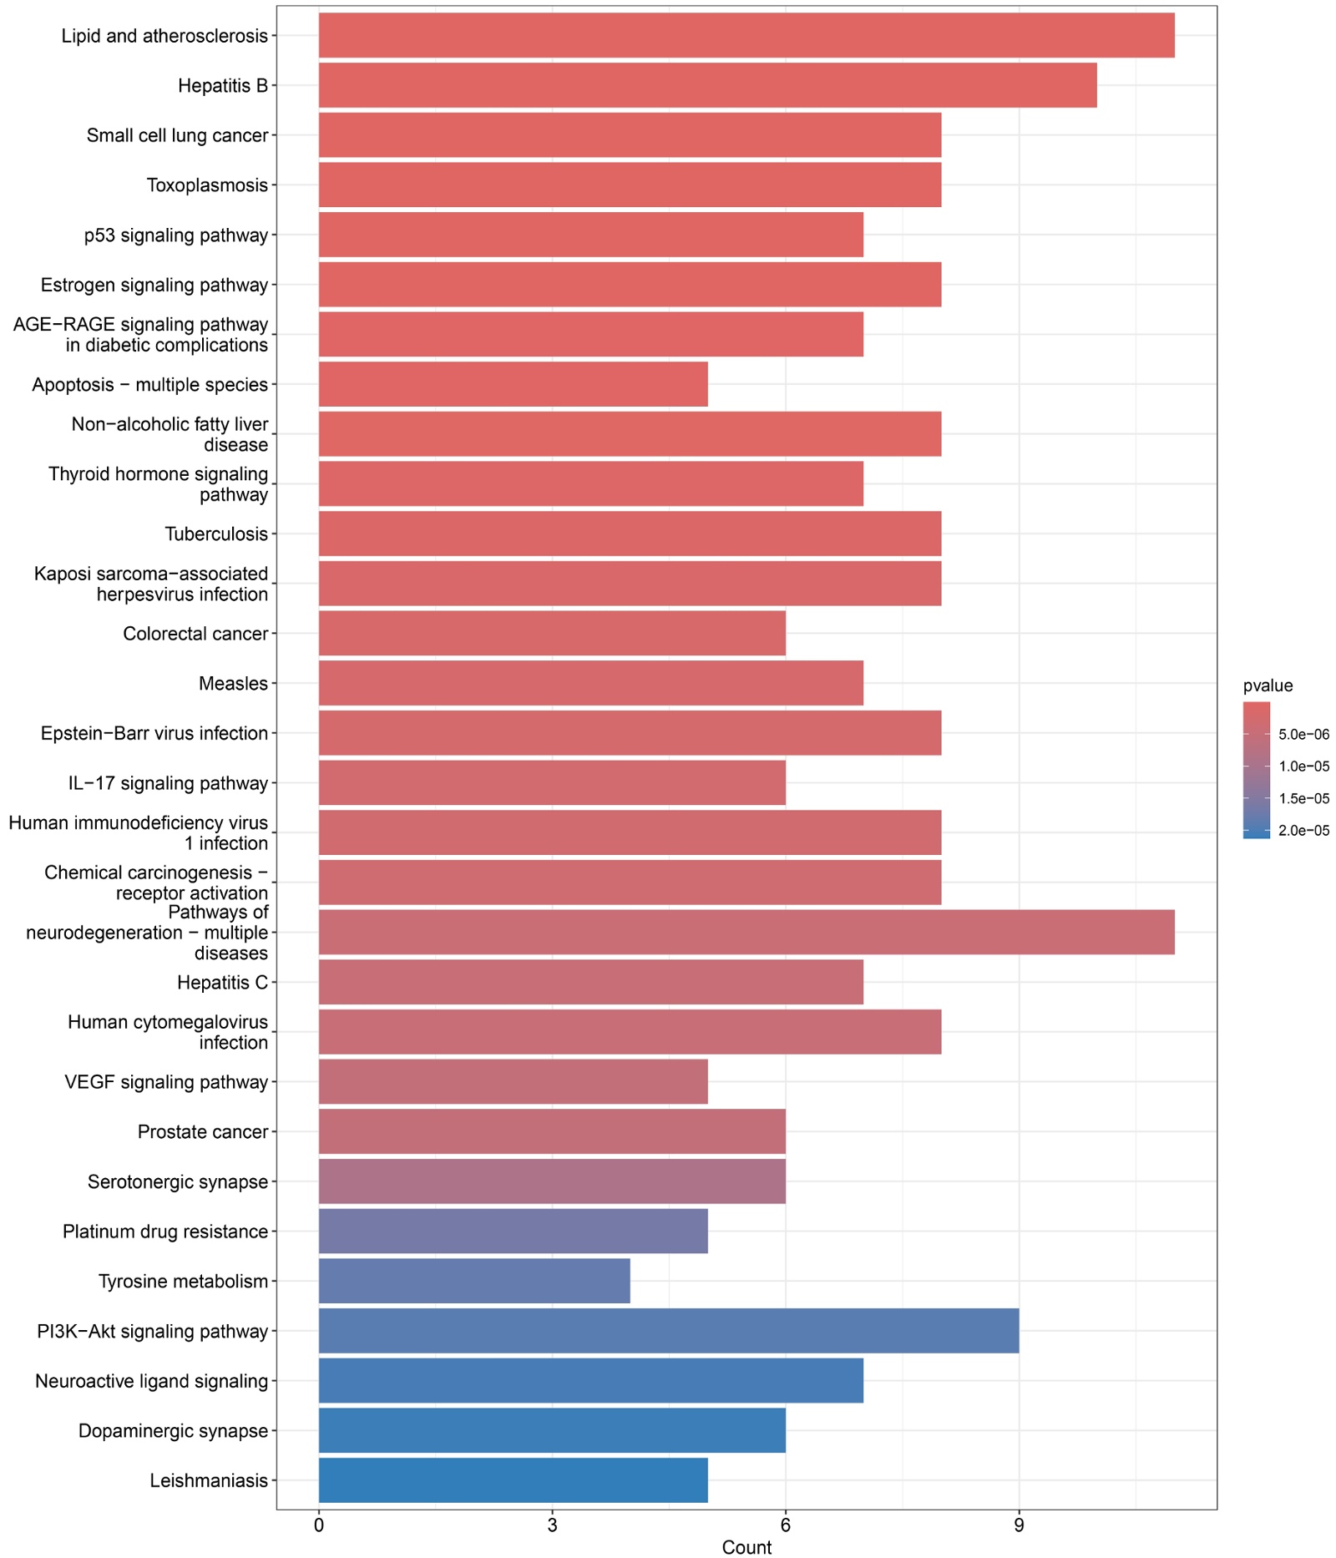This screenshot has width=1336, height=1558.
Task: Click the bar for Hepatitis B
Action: point(707,85)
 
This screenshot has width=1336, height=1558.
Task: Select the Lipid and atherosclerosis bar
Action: point(746,36)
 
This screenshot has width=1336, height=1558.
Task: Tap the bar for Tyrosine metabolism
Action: point(474,1281)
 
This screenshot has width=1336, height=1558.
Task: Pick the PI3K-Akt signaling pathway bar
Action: point(668,1331)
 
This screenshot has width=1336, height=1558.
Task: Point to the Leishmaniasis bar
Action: point(513,1480)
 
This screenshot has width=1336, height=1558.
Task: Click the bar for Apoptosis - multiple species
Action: point(513,384)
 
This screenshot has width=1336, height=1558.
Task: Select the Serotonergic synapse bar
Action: point(552,1181)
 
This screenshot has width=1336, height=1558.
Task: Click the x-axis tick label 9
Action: point(1018,1525)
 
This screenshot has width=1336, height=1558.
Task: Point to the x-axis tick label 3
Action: point(552,1525)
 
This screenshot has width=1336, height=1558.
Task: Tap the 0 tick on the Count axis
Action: point(319,1525)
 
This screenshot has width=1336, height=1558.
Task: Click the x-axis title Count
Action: point(746,1547)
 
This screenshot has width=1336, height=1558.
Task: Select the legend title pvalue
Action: point(1268,685)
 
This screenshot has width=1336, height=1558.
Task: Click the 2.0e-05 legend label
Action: point(1304,831)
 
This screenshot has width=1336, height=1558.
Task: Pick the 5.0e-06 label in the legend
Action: point(1304,735)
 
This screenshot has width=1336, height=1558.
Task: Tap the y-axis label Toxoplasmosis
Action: point(207,185)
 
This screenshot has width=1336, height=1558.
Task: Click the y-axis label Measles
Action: point(233,684)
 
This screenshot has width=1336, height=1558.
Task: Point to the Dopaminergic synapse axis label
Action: point(173,1431)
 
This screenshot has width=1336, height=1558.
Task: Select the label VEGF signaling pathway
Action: point(166,1082)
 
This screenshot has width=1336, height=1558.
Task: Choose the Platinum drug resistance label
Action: point(165,1232)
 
